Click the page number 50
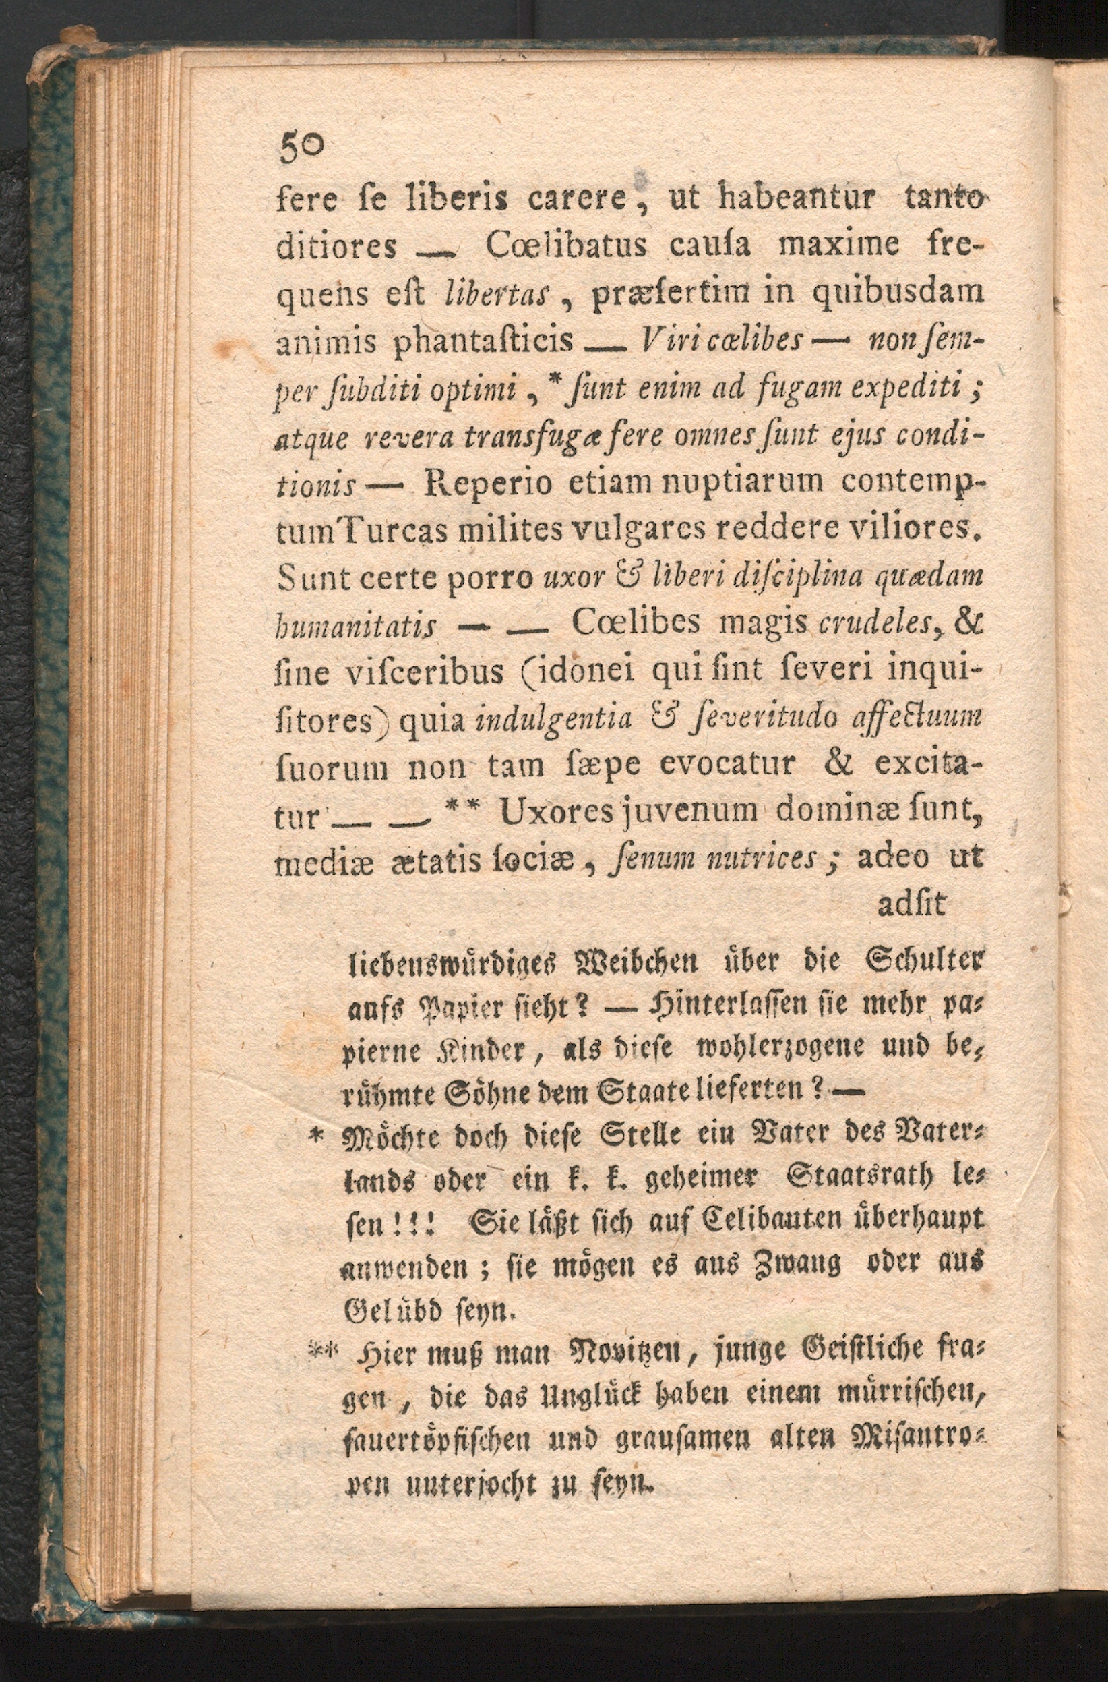tap(303, 148)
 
